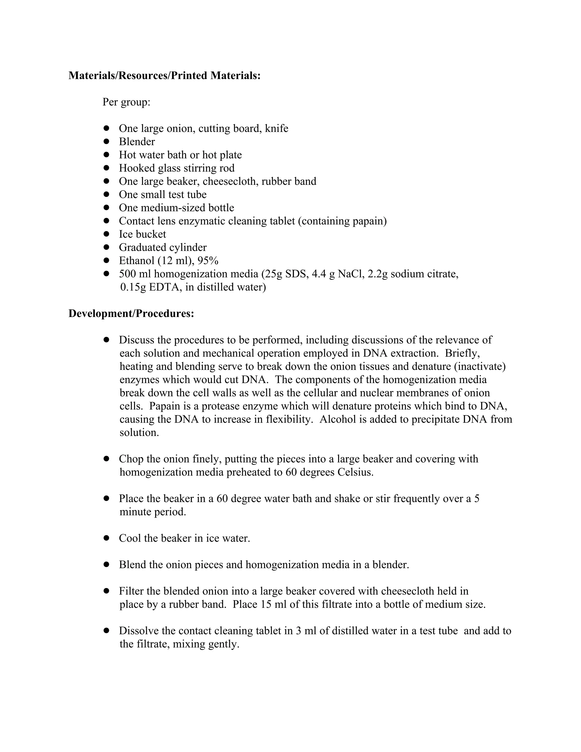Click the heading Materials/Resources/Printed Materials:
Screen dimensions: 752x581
click(x=164, y=75)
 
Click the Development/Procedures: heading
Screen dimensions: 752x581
click(x=131, y=313)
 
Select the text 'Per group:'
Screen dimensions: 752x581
click(x=126, y=102)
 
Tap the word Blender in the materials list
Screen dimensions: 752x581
click(x=137, y=142)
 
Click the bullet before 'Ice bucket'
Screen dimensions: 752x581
click(x=106, y=234)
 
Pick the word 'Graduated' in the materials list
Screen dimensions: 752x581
click(x=142, y=247)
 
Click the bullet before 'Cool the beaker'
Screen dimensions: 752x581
click(x=106, y=538)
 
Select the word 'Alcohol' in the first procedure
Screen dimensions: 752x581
click(x=337, y=419)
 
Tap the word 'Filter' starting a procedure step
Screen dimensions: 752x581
click(x=131, y=591)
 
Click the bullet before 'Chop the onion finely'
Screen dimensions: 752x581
click(x=106, y=459)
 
